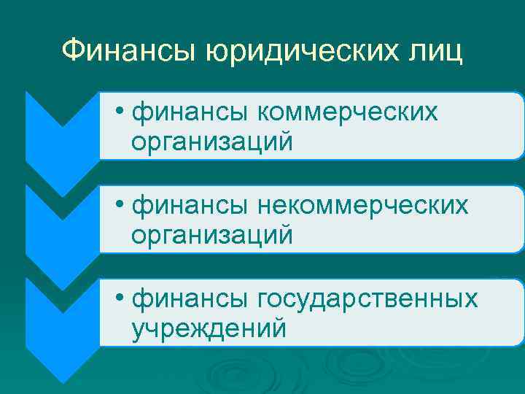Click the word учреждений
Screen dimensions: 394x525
pyautogui.click(x=209, y=329)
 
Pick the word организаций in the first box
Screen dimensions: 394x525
pyautogui.click(x=212, y=142)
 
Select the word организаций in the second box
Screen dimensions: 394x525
pyautogui.click(x=212, y=235)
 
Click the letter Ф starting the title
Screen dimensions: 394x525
pyautogui.click(x=73, y=51)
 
